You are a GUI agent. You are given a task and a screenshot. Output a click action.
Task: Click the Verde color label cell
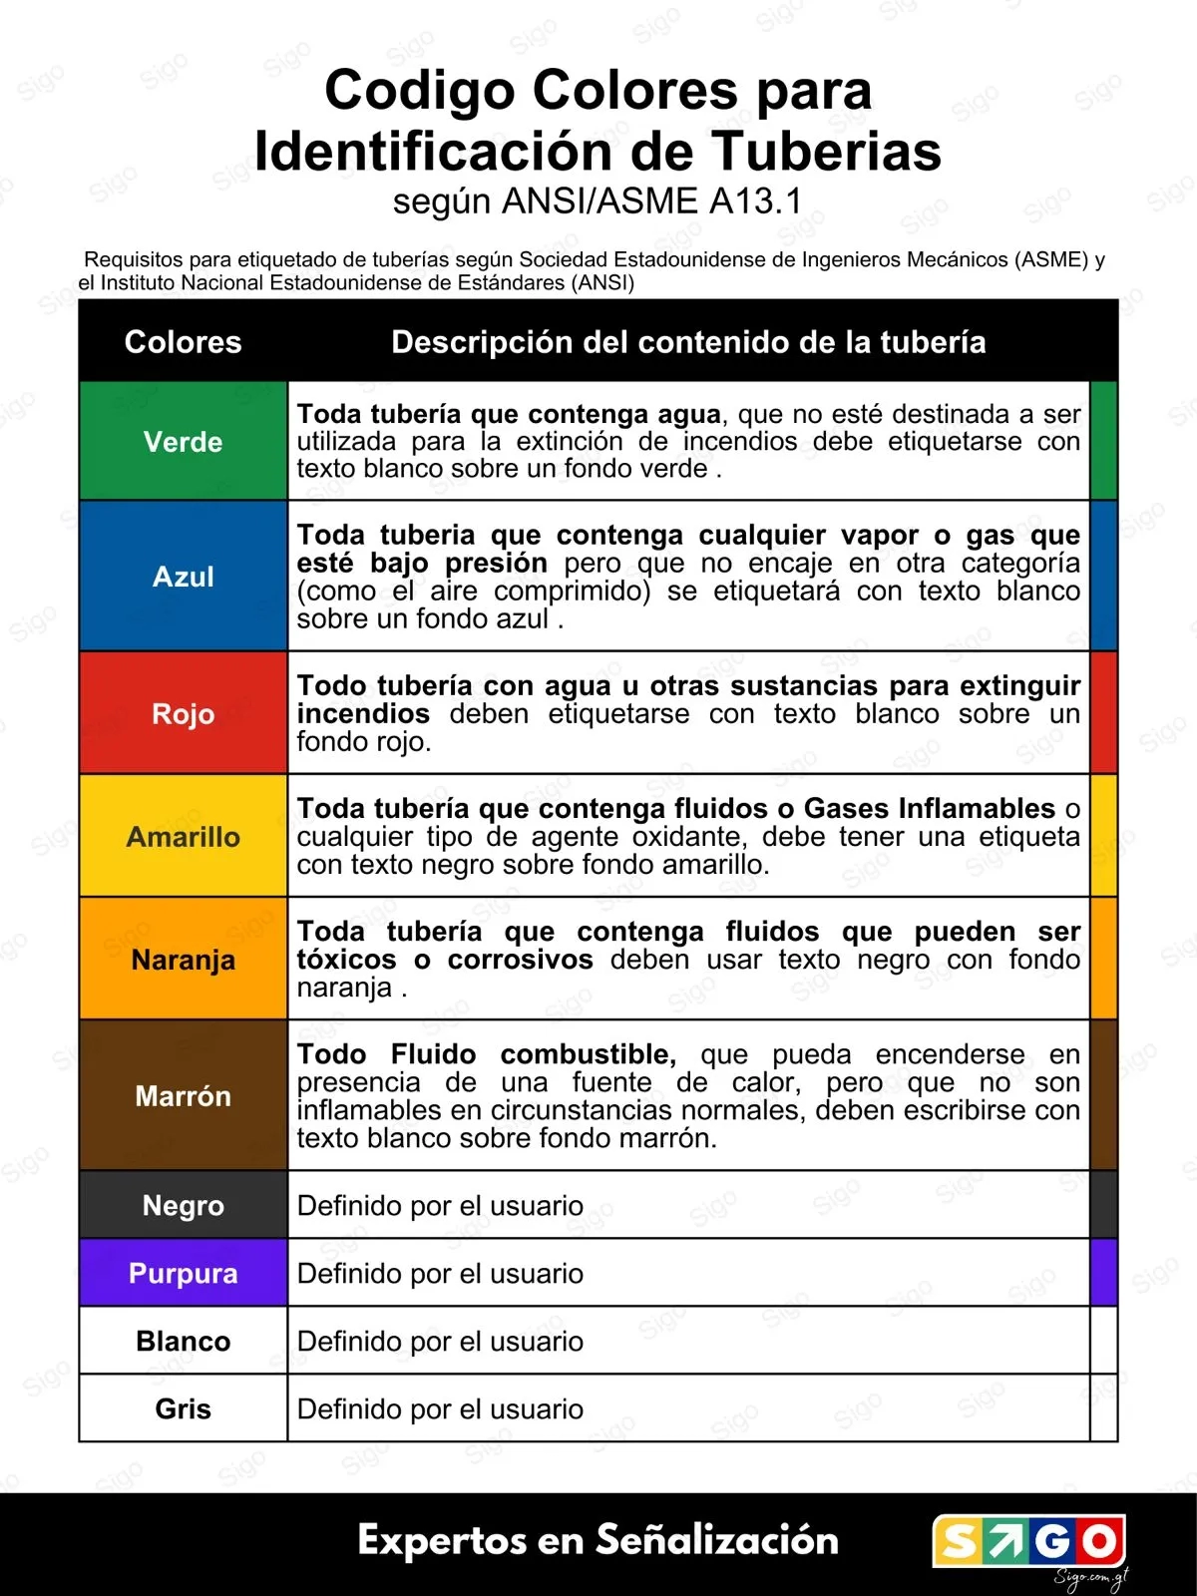point(184,441)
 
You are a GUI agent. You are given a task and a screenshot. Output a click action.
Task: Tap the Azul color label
point(184,577)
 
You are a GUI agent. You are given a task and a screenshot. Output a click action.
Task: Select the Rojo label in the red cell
point(184,713)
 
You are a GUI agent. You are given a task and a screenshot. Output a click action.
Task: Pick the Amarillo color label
point(184,836)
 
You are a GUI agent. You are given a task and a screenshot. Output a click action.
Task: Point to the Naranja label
point(184,960)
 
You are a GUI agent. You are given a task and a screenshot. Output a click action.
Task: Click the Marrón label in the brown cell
point(184,1095)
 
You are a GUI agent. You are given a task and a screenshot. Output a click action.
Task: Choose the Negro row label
point(184,1205)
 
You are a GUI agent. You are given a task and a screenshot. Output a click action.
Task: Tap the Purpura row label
point(184,1273)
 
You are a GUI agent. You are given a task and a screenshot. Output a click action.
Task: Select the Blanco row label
point(184,1341)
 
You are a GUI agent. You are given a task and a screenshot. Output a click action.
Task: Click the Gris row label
point(184,1408)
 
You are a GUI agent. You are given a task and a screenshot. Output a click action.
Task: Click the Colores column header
point(184,342)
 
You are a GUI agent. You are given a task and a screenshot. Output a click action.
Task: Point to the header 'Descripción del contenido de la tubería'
point(688,342)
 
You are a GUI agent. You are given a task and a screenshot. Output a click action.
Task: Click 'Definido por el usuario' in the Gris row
point(440,1408)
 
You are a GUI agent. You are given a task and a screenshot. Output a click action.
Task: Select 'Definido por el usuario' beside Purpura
point(440,1273)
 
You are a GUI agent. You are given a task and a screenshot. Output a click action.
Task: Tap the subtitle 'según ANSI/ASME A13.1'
point(598,201)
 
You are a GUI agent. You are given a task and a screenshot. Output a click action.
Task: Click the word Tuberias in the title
point(826,152)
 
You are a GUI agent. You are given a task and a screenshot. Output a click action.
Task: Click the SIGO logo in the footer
point(1028,1541)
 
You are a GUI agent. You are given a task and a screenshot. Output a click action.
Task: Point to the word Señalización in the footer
point(717,1540)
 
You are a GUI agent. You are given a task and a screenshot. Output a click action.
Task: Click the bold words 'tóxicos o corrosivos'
point(445,960)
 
